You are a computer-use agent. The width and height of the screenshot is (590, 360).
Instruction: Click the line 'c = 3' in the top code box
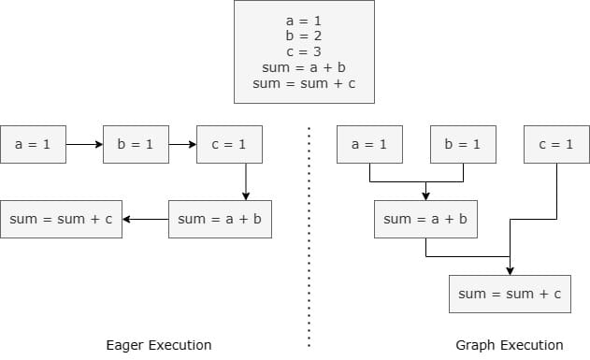pos(304,51)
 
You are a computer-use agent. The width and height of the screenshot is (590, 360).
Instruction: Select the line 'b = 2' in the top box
pos(304,36)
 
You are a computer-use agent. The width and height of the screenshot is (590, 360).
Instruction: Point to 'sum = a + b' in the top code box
pos(304,67)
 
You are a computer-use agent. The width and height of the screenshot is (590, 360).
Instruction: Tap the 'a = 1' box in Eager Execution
pos(33,144)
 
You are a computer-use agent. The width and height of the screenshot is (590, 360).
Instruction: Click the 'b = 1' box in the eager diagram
pos(136,144)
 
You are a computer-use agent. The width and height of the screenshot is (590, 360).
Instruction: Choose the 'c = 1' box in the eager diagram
pos(229,144)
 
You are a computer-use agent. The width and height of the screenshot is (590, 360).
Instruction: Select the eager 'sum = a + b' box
pos(220,220)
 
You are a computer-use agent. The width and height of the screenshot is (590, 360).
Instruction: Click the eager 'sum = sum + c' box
pos(62,220)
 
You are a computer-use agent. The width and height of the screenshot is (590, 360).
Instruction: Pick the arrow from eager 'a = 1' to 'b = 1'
pos(85,144)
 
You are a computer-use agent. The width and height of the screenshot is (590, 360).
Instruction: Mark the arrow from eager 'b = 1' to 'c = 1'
pos(182,144)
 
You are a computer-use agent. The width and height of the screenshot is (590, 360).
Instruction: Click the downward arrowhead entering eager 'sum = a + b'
pos(246,196)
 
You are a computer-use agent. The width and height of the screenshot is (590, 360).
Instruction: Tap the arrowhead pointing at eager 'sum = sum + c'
pos(127,220)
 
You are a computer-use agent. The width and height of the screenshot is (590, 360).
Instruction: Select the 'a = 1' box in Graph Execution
pos(369,144)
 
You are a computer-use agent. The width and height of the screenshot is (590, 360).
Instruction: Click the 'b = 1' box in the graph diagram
pos(463,144)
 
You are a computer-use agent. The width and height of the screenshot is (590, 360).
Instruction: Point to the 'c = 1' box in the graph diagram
pos(557,144)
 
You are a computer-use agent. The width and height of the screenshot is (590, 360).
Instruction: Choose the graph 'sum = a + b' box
pos(426,220)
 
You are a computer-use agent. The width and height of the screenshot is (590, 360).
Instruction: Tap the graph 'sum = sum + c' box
pos(510,295)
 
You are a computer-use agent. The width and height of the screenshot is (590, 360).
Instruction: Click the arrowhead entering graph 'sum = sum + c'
pos(510,271)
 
